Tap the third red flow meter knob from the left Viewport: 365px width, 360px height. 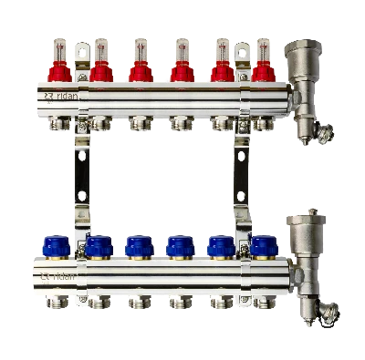[x=139, y=70]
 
